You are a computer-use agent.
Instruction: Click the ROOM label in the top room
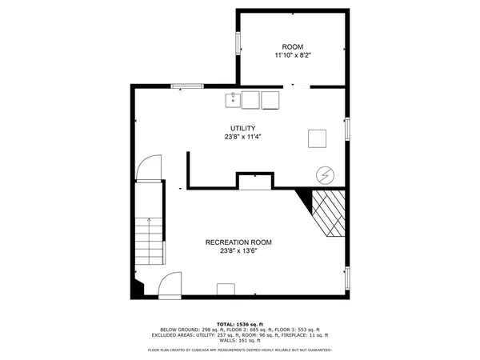pos(293,46)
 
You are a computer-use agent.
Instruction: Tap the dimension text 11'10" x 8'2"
pos(293,55)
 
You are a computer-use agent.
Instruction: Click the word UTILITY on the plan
pos(242,128)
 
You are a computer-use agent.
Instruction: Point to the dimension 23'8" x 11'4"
pos(242,137)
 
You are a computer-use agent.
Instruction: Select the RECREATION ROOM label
pos(238,242)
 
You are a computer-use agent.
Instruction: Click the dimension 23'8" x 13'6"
pos(238,251)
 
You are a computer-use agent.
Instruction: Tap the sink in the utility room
pos(233,99)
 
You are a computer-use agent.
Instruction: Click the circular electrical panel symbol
pos(326,174)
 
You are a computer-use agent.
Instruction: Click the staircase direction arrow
pos(149,229)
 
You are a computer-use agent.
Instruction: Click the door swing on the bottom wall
pos(170,286)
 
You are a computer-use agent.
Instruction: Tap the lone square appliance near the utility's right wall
pos(318,138)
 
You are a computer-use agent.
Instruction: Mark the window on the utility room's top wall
pos(186,86)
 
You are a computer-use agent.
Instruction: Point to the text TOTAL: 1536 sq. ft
pos(240,324)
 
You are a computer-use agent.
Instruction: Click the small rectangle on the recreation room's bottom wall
pos(226,290)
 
